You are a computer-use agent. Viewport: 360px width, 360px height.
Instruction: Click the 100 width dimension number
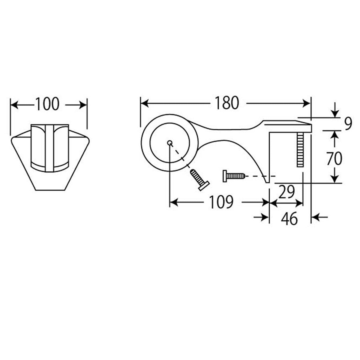47,104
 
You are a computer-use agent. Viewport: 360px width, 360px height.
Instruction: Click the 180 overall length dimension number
227,103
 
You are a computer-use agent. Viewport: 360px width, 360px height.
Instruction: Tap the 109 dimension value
222,202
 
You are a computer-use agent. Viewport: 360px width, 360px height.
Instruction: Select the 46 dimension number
289,219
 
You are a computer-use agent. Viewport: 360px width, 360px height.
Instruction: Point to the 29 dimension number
286,192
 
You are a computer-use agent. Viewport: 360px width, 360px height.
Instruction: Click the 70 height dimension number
334,159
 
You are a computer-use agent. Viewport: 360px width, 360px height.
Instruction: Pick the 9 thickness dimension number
348,124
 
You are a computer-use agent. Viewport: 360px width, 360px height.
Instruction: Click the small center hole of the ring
169,143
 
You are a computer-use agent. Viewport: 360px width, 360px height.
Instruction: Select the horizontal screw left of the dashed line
234,176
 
